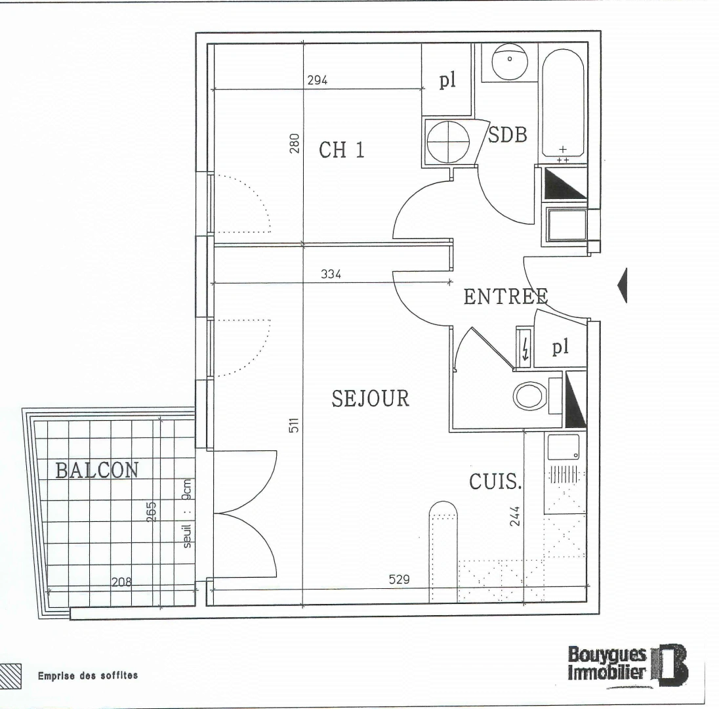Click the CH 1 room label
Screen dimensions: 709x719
(x=341, y=150)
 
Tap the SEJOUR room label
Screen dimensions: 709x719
(x=371, y=398)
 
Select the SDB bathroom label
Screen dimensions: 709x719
(x=508, y=136)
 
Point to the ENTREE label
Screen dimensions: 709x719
(x=505, y=297)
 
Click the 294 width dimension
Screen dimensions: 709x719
(x=318, y=81)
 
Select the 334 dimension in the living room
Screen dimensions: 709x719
(x=331, y=274)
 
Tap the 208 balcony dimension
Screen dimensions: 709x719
(x=121, y=581)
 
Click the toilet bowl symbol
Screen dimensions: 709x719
(x=529, y=396)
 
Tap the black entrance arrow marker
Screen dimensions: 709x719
(x=623, y=285)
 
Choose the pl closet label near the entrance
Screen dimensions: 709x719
(x=559, y=347)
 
